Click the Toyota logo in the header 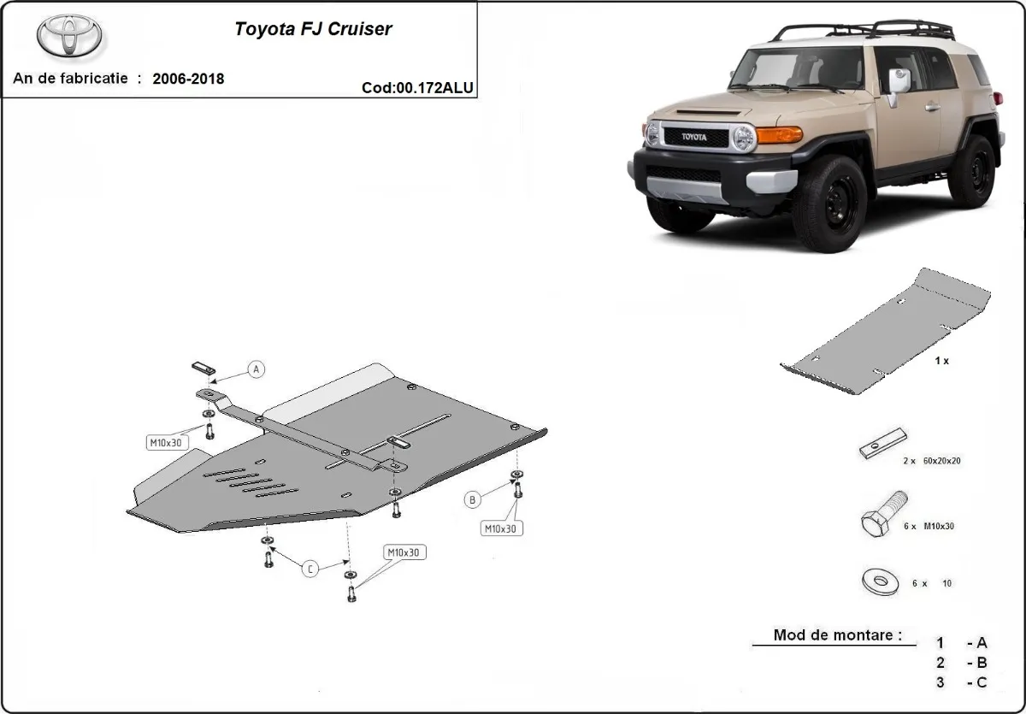tap(69, 36)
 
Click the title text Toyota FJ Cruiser tap(313, 28)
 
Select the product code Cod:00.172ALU tap(418, 87)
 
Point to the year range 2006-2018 tap(188, 79)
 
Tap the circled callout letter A tap(256, 369)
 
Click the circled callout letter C tap(311, 568)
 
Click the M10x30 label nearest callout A tap(164, 442)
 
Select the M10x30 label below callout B tap(500, 528)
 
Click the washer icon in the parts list tap(880, 582)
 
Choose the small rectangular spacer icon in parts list tap(882, 444)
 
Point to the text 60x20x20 tap(943, 461)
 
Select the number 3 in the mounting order tap(940, 682)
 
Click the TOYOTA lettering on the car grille tap(695, 137)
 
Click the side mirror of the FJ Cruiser tap(898, 82)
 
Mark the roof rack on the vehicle tap(864, 31)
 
